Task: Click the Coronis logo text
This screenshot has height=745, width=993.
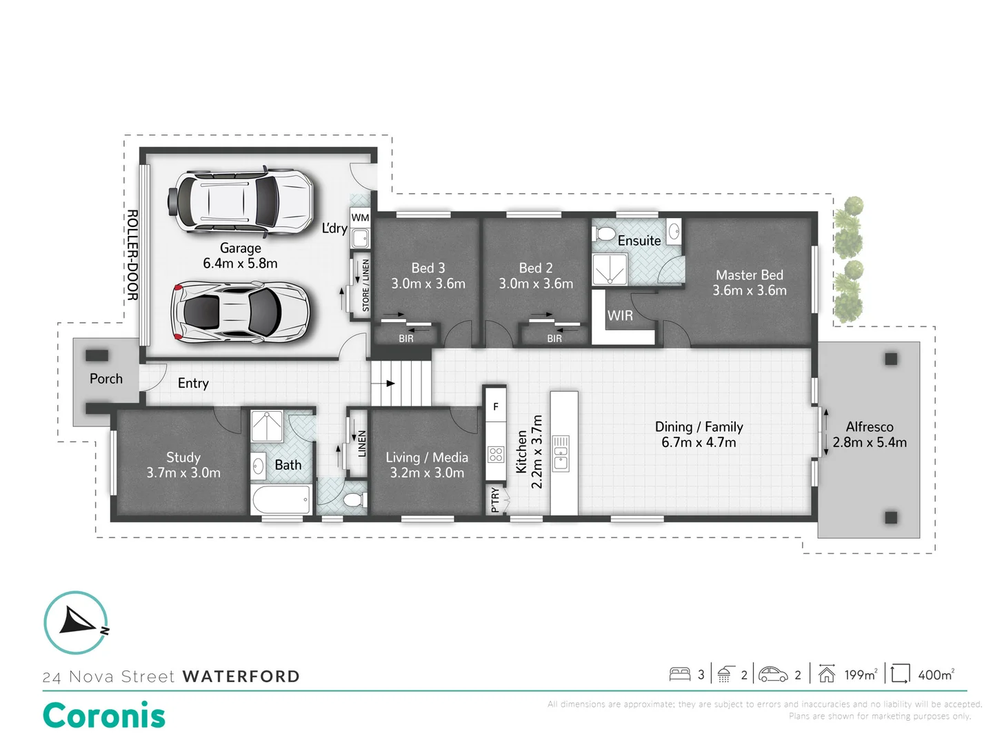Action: point(104,715)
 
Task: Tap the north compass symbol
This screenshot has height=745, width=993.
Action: point(76,622)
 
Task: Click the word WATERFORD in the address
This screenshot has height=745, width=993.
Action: point(241,677)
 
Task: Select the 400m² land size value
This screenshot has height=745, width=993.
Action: point(935,675)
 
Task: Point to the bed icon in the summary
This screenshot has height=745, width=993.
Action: point(680,674)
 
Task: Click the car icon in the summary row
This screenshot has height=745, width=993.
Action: point(773,674)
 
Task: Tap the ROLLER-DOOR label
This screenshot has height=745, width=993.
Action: point(132,255)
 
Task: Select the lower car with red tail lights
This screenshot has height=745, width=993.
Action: point(240,312)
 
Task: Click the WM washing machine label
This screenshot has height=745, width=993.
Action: point(360,218)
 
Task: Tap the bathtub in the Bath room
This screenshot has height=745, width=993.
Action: point(281,499)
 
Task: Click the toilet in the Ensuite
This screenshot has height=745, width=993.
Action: point(605,235)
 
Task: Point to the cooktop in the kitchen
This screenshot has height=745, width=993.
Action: point(496,454)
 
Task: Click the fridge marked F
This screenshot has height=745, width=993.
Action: point(495,407)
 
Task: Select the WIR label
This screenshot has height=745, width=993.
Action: point(620,316)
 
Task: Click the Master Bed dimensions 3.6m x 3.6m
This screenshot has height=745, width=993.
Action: point(749,290)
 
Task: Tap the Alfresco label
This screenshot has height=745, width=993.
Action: point(869,427)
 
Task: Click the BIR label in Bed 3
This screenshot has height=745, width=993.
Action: point(406,339)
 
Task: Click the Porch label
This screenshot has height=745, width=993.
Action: point(106,379)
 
